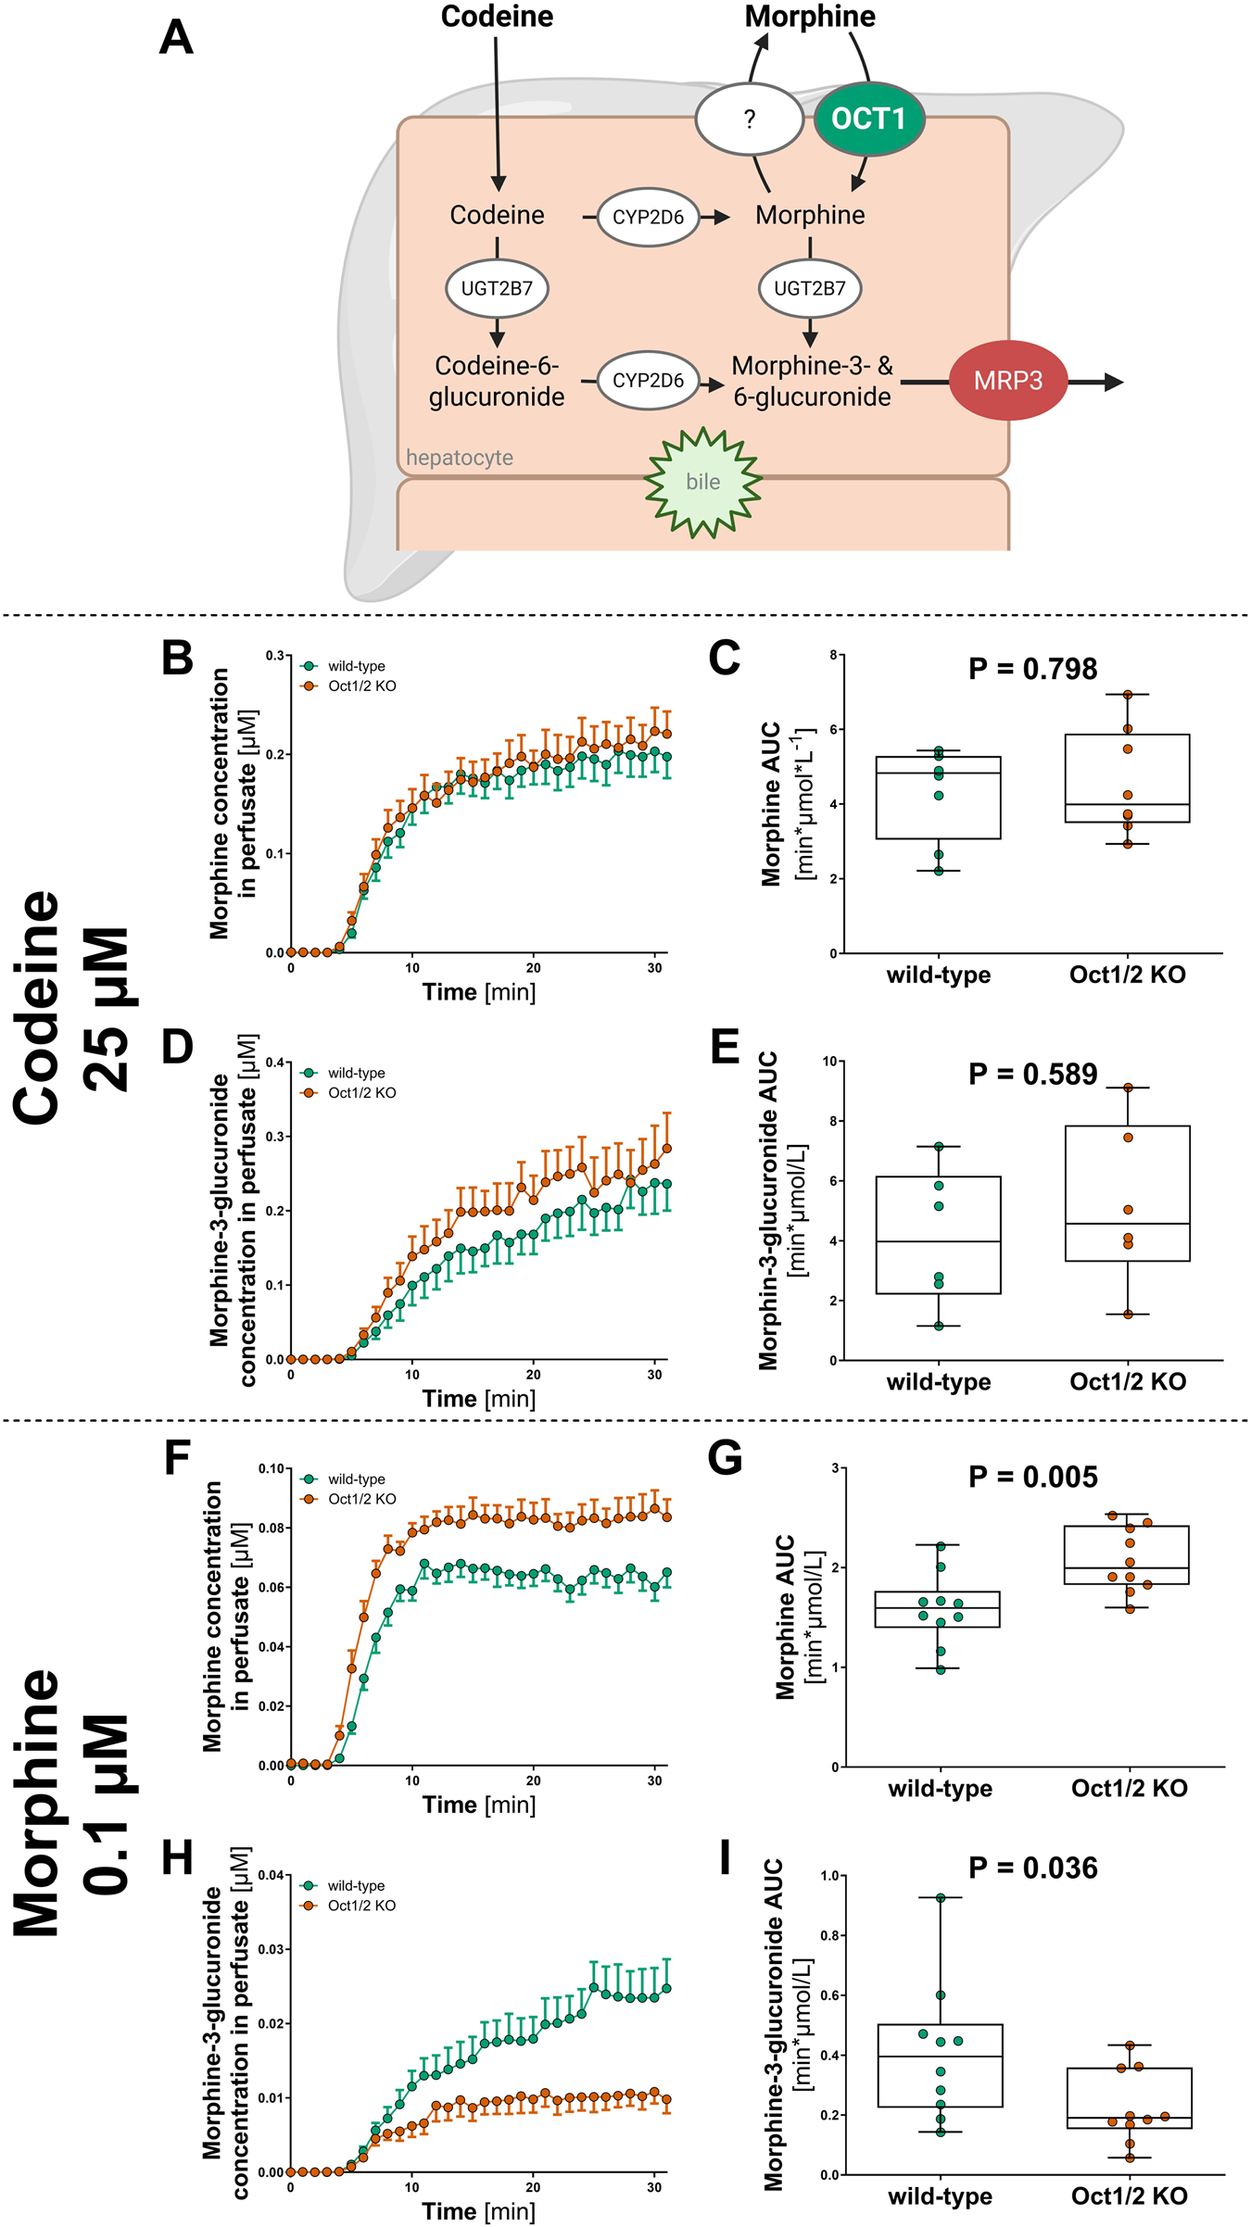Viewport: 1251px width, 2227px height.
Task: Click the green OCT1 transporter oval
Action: pos(868,119)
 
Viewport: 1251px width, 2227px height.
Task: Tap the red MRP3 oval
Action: pos(1007,381)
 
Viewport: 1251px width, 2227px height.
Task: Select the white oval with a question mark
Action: pos(749,119)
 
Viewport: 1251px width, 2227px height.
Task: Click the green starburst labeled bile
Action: pos(703,482)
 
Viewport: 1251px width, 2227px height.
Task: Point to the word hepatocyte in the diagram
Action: pos(460,458)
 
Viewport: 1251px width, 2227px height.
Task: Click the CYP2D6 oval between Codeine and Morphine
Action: pos(648,217)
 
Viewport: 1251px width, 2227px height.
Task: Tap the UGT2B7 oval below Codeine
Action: pos(497,288)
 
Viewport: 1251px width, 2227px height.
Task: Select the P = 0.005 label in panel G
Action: pos(1032,1477)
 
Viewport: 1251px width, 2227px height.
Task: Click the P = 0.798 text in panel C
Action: pos(1032,669)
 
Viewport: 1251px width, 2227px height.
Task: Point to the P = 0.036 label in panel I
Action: pos(1032,1868)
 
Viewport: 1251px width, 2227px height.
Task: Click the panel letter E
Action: pos(725,1049)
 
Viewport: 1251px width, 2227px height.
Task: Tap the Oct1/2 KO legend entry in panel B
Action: pos(361,686)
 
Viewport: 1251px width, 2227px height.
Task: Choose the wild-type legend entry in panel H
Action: pos(356,1886)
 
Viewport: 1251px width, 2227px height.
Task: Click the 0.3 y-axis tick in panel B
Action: pos(275,656)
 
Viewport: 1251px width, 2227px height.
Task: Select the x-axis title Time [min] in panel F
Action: pos(479,1805)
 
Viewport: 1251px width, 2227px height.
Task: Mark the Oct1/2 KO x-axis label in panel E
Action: pos(1128,1382)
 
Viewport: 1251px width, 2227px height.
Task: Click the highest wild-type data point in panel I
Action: pos(941,1898)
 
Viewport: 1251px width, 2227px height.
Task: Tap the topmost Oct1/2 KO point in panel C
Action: pos(1128,695)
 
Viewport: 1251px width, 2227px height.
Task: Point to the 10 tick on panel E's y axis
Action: pos(829,1062)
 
